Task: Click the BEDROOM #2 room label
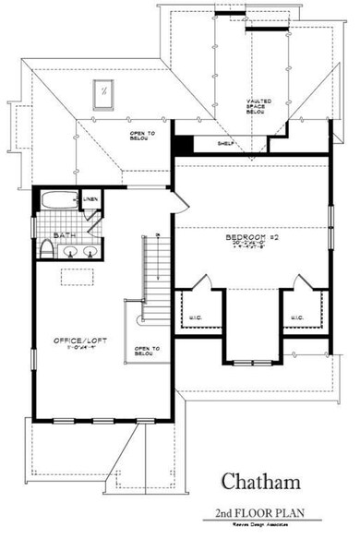(x=246, y=238)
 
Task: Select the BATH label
(x=63, y=236)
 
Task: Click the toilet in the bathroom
(x=47, y=250)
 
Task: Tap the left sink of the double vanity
(x=70, y=252)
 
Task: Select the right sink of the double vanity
(x=91, y=252)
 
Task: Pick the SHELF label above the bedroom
(x=224, y=144)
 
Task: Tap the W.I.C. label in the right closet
(x=296, y=318)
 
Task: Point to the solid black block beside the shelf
(x=184, y=145)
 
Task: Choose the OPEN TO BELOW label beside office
(x=148, y=350)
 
